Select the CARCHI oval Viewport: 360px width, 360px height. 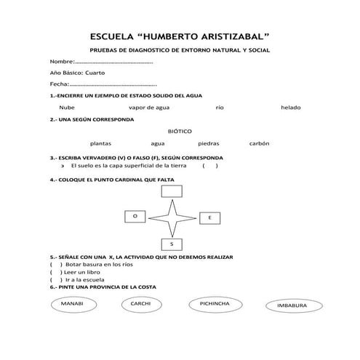(140, 303)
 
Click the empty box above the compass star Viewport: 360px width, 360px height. (172, 191)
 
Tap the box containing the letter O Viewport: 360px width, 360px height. (135, 217)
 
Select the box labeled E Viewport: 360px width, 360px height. (209, 218)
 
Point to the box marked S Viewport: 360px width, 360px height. (172, 244)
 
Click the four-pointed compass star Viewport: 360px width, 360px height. (172, 217)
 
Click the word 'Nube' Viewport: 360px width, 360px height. (67, 107)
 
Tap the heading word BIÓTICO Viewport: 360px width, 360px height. (179, 132)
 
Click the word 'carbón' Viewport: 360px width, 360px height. (259, 143)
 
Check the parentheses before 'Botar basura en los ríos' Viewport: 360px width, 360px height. (55, 265)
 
